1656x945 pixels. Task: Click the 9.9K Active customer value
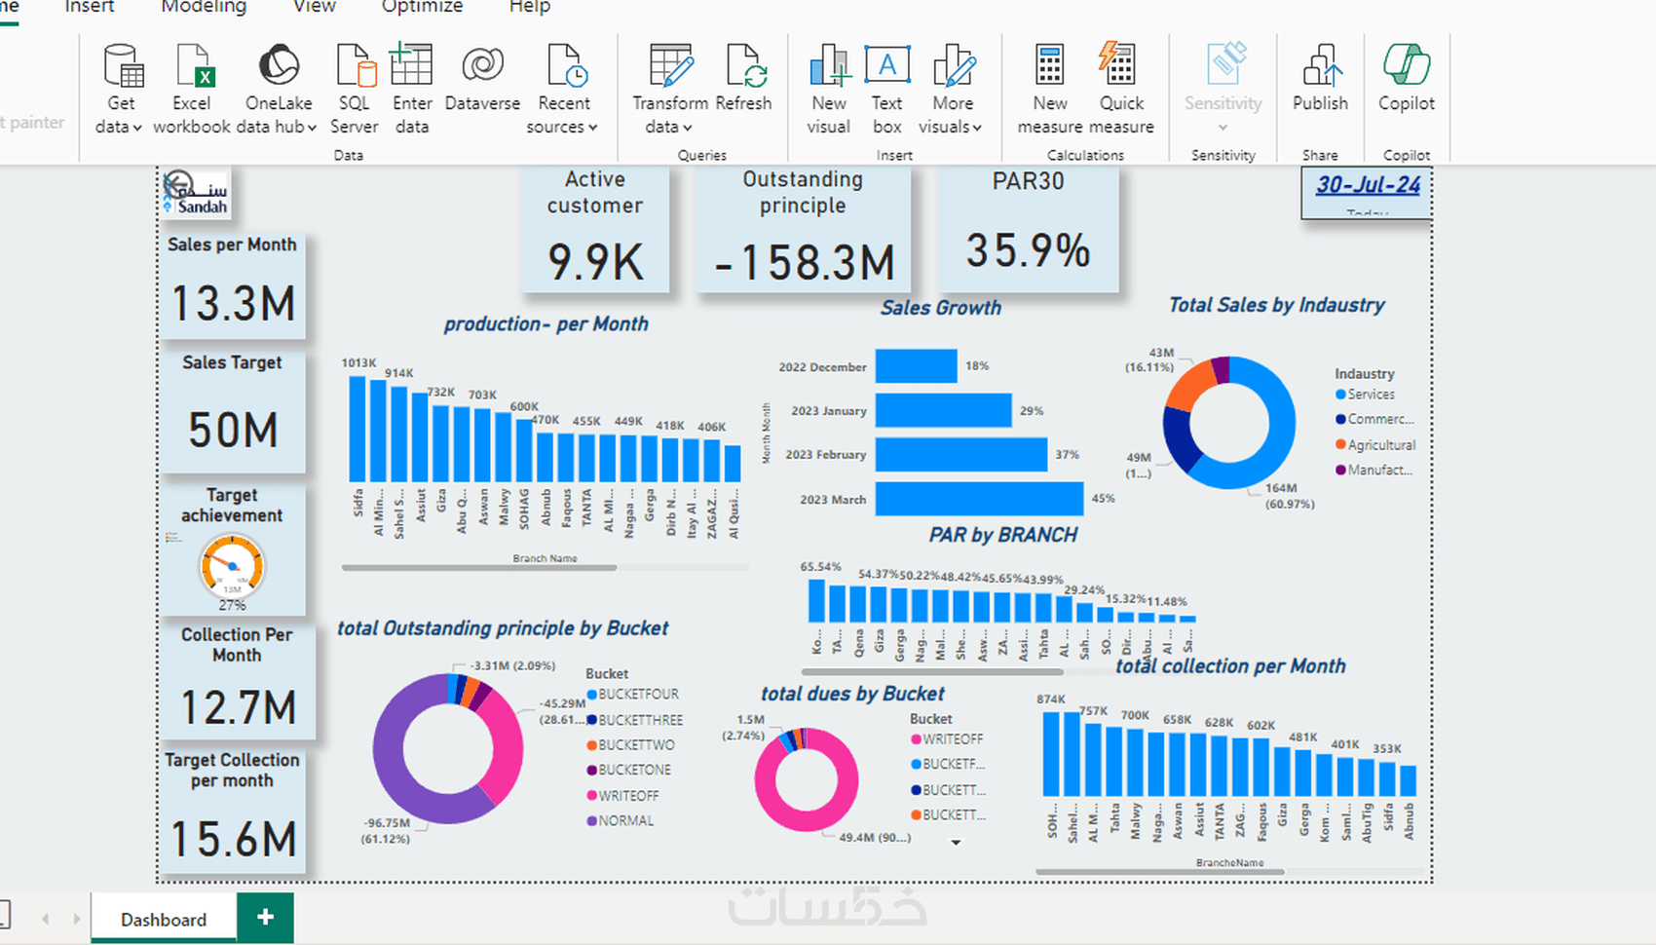pyautogui.click(x=595, y=262)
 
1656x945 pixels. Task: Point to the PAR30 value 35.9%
pyautogui.click(x=1028, y=250)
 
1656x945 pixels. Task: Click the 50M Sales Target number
pyautogui.click(x=233, y=430)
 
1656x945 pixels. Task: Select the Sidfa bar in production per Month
pyautogui.click(x=358, y=429)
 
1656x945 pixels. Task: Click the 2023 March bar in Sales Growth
pyautogui.click(x=979, y=499)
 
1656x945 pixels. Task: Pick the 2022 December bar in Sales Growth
pyautogui.click(x=916, y=366)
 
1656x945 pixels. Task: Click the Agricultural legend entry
pyautogui.click(x=1381, y=445)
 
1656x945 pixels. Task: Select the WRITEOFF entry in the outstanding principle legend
pyautogui.click(x=628, y=796)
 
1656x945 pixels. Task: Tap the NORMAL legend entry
pyautogui.click(x=625, y=821)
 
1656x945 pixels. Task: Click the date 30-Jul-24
pyautogui.click(x=1368, y=185)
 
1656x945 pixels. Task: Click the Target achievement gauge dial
pyautogui.click(x=232, y=565)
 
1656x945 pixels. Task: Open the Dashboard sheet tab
pyautogui.click(x=164, y=920)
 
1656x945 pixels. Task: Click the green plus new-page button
pyautogui.click(x=265, y=918)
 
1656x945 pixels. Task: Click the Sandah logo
pyautogui.click(x=197, y=193)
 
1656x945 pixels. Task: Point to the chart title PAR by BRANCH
pyautogui.click(x=1002, y=535)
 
